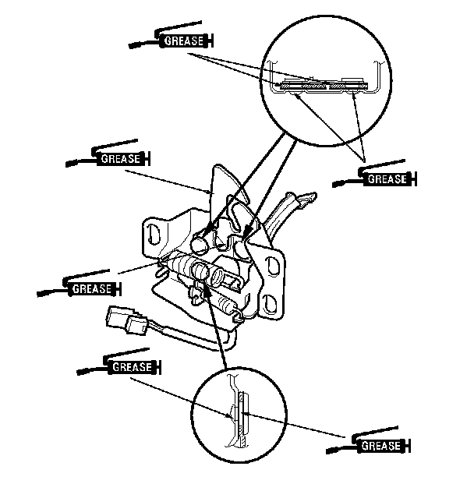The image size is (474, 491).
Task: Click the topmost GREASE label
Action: [x=184, y=41]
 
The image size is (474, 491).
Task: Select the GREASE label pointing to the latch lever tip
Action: [x=121, y=159]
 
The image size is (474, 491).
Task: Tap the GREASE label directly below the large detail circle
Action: [x=387, y=179]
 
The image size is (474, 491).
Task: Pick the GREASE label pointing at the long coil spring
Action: [x=92, y=288]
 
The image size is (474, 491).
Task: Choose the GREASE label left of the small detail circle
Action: [x=132, y=366]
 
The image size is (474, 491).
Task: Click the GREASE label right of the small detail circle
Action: [x=381, y=446]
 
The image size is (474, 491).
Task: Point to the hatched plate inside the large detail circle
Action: [x=324, y=85]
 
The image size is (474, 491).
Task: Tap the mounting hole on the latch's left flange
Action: [x=154, y=234]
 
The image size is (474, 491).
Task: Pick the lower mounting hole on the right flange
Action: [x=270, y=303]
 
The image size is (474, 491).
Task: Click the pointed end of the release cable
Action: [x=309, y=198]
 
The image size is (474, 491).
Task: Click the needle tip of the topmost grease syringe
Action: [x=131, y=46]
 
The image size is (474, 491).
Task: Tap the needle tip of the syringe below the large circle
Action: [x=335, y=185]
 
